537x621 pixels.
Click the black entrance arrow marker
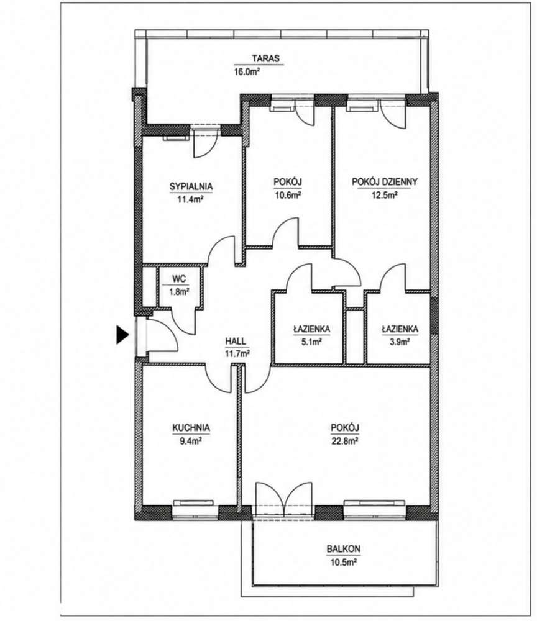coord(122,335)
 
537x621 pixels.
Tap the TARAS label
coord(265,58)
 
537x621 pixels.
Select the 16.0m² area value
coord(247,71)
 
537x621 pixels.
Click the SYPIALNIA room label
coord(191,186)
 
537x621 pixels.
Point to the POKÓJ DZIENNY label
coord(385,182)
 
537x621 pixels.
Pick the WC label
coord(179,279)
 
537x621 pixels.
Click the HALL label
coord(236,340)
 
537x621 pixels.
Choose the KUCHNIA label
coord(191,428)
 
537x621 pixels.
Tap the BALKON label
coord(343,549)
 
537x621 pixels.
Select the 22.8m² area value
coord(345,441)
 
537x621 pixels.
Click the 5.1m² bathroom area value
coord(311,342)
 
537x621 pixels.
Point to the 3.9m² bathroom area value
coord(400,342)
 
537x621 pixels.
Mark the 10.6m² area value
coord(287,195)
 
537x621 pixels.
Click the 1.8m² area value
coord(179,292)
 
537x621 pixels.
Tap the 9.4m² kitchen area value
coord(191,441)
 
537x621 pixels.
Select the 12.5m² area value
coord(385,195)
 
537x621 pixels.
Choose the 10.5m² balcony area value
coord(343,562)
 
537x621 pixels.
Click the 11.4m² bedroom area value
coord(190,199)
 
